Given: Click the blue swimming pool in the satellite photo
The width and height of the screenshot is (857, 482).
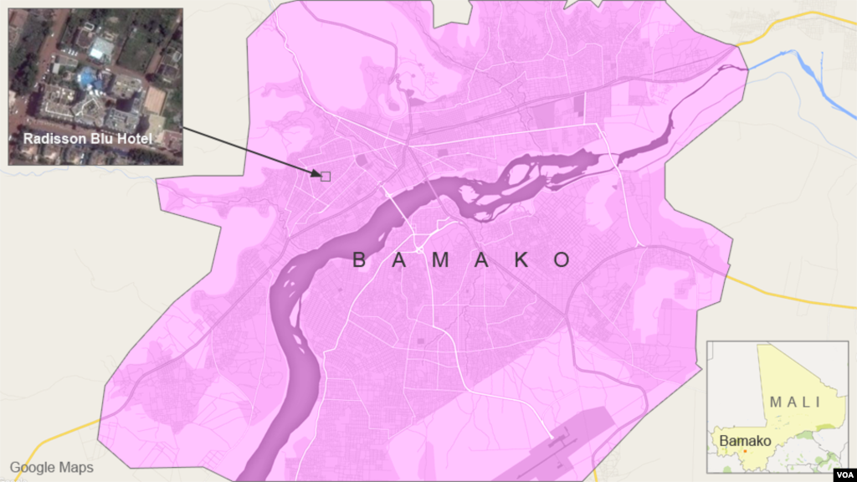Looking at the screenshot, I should point(86,79).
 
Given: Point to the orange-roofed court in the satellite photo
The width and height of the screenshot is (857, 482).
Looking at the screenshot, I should point(154,100).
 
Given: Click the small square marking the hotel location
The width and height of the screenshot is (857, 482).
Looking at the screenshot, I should point(326,176).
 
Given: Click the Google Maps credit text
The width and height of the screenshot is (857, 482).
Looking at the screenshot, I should point(52,468).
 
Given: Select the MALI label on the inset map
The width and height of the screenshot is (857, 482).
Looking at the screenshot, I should point(795,403).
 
